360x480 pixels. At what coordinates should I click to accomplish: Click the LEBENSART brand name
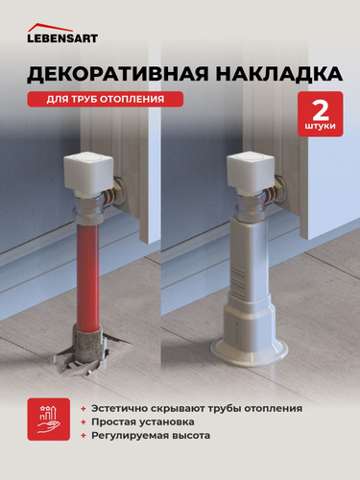(x=62, y=38)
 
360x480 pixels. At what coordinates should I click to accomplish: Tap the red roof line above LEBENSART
(x=50, y=27)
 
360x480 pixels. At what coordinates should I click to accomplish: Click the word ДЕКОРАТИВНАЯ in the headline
(x=118, y=74)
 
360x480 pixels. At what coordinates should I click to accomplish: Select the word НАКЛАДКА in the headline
(x=278, y=74)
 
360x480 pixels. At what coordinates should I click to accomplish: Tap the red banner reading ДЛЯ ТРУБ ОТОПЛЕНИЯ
(x=106, y=99)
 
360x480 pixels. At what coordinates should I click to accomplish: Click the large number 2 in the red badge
(x=320, y=109)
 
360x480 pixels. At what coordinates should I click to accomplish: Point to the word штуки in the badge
(x=320, y=126)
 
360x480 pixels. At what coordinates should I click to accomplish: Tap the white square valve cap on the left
(x=88, y=171)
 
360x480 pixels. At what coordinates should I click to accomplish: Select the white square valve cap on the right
(x=252, y=171)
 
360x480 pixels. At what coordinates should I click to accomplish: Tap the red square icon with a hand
(x=49, y=420)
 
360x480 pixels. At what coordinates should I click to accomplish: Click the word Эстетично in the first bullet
(x=118, y=409)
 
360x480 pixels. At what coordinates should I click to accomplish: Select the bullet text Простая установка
(x=143, y=422)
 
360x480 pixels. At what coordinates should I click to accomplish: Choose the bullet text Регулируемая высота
(x=151, y=436)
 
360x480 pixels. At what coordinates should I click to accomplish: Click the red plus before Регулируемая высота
(x=84, y=436)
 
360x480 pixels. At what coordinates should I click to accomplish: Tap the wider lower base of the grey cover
(x=250, y=324)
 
